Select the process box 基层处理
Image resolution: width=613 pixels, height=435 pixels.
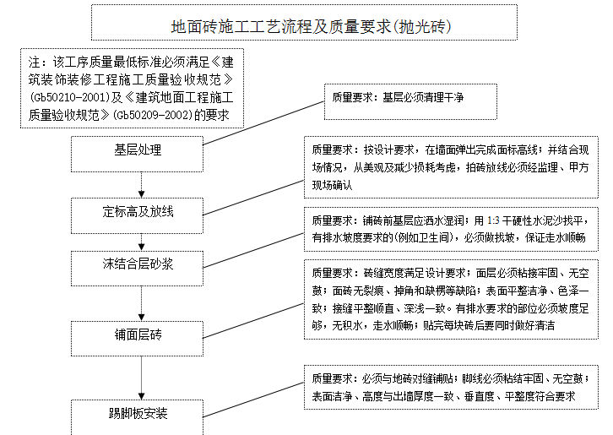click(138, 150)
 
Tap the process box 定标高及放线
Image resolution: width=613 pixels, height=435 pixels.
click(138, 210)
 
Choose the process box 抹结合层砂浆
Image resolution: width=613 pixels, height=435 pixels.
click(138, 264)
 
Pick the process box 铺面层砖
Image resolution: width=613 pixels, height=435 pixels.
click(138, 334)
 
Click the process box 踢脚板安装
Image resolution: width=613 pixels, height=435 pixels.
click(138, 413)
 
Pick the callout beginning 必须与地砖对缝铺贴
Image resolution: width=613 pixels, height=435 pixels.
click(451, 387)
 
